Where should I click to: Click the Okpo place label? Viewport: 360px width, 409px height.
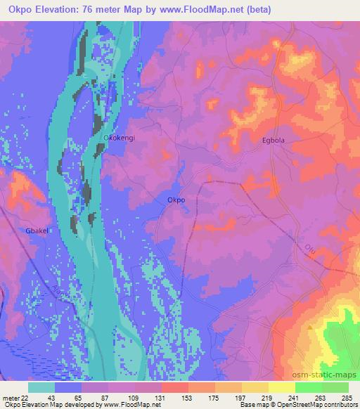pyautogui.click(x=176, y=200)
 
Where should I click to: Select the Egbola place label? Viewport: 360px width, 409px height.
pyautogui.click(x=274, y=141)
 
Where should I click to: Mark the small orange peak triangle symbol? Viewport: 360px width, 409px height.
pyautogui.click(x=310, y=326)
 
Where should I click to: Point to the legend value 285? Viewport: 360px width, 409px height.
pyautogui.click(x=347, y=397)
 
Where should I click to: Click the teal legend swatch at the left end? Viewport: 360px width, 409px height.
pyautogui.click(x=41, y=387)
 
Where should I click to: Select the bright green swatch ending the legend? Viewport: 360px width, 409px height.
pyautogui.click(x=335, y=387)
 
